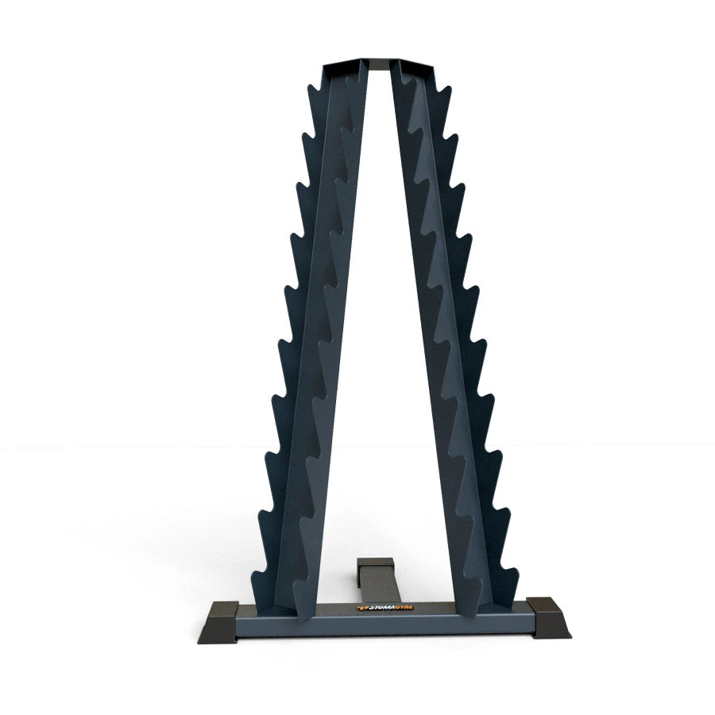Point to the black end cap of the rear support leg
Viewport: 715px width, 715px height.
point(376,562)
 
